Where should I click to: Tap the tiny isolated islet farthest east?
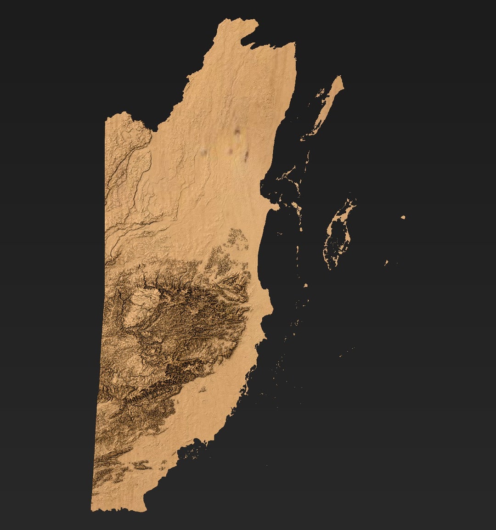coord(403,217)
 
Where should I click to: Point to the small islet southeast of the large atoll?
coord(387,263)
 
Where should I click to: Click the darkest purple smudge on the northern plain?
coord(237,132)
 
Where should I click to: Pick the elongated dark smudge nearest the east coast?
coord(246,156)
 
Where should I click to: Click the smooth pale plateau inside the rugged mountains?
coord(141,305)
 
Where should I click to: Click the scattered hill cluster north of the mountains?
coord(237,243)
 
